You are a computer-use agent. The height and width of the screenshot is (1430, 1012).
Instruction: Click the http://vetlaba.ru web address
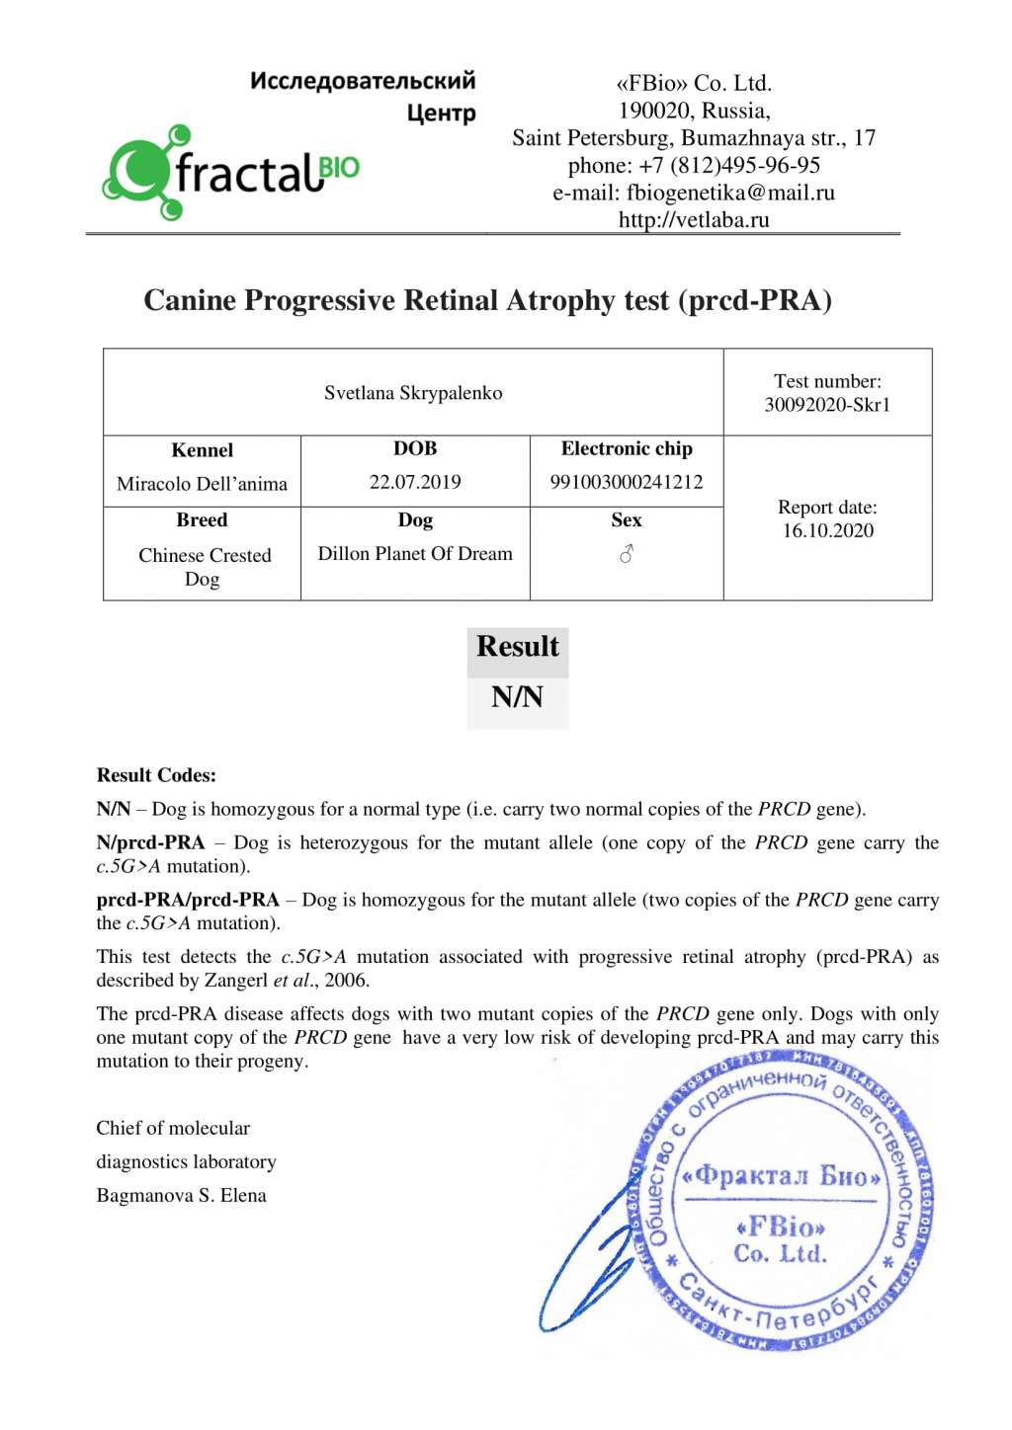[694, 219]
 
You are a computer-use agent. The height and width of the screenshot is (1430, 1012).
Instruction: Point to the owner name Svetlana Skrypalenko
[413, 393]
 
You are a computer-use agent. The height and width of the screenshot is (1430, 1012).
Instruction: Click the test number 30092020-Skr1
[827, 405]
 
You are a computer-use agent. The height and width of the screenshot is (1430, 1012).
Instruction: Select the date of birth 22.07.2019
[415, 482]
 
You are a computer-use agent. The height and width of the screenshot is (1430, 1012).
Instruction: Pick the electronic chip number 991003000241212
[627, 482]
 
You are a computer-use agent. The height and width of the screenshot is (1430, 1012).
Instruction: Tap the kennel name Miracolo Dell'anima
[202, 484]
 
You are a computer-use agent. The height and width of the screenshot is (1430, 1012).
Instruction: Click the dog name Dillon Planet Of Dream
[415, 554]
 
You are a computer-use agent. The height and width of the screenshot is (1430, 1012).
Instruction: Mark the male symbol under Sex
[627, 555]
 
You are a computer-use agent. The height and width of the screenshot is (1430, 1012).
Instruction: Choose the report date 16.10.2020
[828, 531]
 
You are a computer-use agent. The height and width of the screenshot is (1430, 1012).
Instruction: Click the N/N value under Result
[517, 698]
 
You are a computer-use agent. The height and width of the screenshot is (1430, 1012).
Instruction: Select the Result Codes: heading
[156, 775]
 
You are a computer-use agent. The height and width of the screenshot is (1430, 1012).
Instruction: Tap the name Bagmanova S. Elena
[181, 1195]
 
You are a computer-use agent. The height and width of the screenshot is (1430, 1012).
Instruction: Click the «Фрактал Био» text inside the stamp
[781, 1176]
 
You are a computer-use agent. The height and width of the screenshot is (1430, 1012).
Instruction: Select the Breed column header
[202, 520]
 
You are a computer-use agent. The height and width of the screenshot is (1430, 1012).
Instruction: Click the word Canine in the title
[190, 300]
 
